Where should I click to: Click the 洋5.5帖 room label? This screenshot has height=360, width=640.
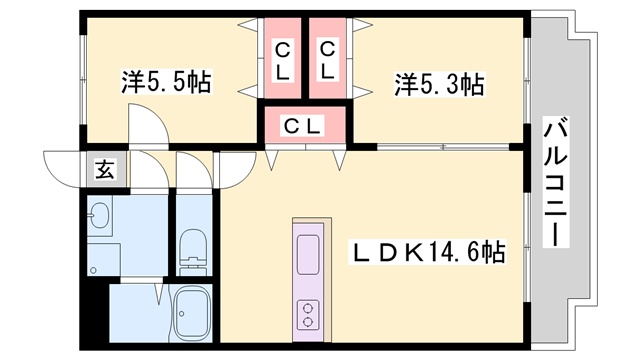tap(166, 81)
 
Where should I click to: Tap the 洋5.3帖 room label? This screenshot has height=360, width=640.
tap(439, 83)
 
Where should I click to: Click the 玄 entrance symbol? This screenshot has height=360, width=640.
tap(104, 169)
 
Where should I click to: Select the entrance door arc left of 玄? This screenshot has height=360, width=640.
tap(62, 164)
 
